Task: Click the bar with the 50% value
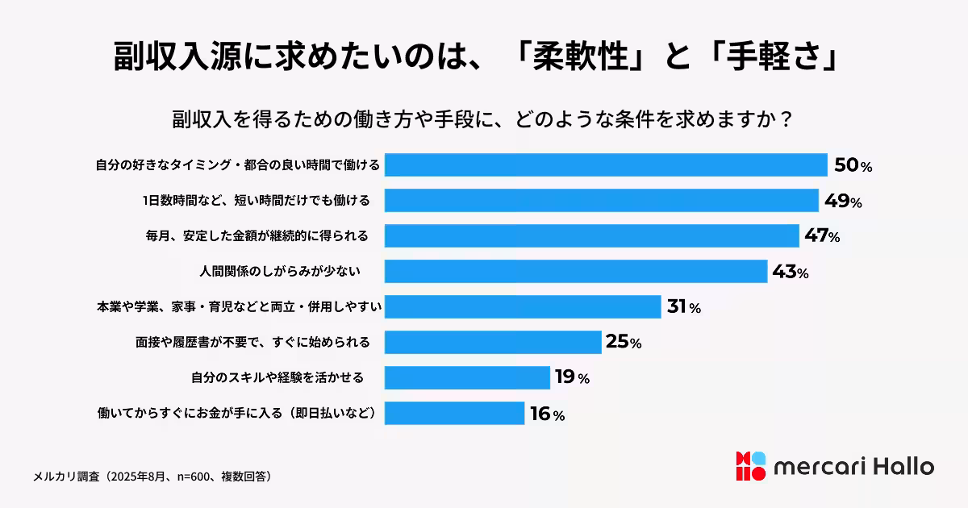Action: click(x=606, y=164)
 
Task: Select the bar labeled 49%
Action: click(x=602, y=200)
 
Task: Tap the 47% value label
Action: click(x=822, y=235)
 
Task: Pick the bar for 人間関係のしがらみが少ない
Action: click(x=575, y=271)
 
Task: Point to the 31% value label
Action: click(x=683, y=306)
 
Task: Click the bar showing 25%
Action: click(x=493, y=342)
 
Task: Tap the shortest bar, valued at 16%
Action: click(x=454, y=413)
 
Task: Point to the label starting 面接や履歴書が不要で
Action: click(x=252, y=342)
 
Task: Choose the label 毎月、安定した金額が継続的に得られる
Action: click(x=257, y=235)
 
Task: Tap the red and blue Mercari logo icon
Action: click(x=749, y=467)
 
